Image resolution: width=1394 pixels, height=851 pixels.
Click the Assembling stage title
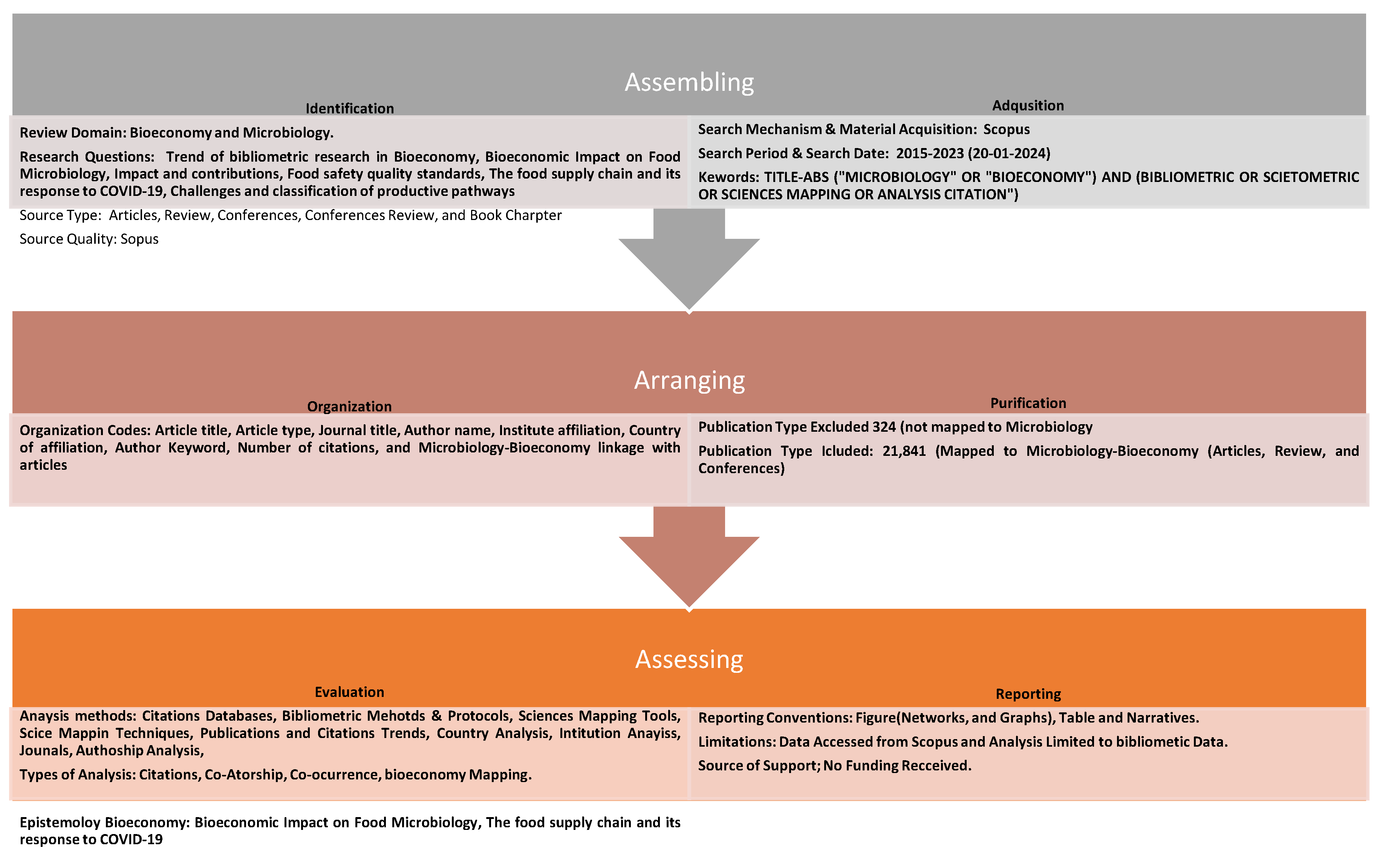(689, 83)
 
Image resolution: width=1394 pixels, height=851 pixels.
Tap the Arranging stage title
(689, 380)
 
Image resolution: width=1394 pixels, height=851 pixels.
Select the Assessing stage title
(689, 659)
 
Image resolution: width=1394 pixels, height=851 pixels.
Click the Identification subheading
(350, 108)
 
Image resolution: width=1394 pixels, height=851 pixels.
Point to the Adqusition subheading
(1027, 106)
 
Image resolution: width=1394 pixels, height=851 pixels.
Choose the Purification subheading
(1027, 403)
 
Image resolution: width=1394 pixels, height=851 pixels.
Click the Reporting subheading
(1027, 694)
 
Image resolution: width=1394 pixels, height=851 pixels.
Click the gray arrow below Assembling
(689, 260)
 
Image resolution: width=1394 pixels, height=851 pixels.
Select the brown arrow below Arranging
(689, 557)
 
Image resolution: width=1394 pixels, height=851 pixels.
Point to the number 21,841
(903, 451)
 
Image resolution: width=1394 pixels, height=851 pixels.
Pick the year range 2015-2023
(929, 154)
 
